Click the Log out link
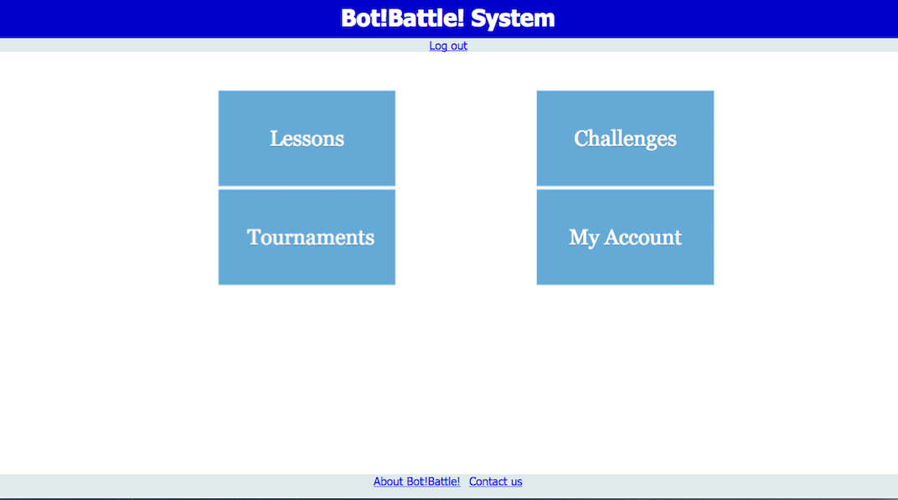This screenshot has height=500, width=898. point(448,46)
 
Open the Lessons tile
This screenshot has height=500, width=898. point(307,138)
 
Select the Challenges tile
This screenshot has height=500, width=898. point(625,138)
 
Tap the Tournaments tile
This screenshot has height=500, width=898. point(307,237)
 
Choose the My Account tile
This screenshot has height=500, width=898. point(625,237)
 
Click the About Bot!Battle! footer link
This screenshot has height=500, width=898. point(416,482)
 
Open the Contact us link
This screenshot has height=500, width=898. point(495,482)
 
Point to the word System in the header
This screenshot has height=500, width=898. point(513,18)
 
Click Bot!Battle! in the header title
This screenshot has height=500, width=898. point(403,18)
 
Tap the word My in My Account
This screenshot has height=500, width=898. point(584,238)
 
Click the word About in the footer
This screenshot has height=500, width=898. point(388,482)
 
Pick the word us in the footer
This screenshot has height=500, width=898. point(516,482)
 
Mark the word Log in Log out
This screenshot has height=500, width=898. point(438,46)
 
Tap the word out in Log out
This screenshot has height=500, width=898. point(459,46)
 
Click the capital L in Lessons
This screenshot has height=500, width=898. point(276,138)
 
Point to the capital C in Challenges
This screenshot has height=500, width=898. point(582,138)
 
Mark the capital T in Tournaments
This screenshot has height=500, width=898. point(255,237)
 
